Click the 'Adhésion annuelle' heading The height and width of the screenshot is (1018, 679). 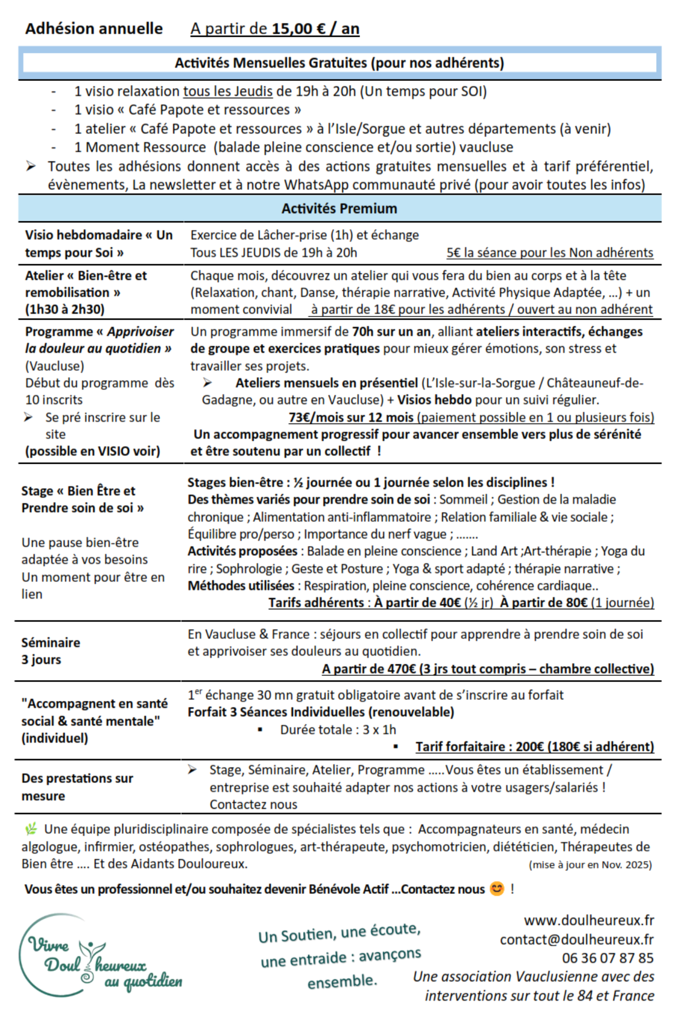pos(94,29)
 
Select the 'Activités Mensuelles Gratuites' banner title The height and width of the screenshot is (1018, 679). pos(339,63)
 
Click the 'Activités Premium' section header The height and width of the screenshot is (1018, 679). pos(339,208)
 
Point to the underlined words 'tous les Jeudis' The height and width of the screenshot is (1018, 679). pos(228,91)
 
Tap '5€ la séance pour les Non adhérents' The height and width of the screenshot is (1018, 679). pos(550,252)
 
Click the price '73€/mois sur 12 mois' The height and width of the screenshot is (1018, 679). pos(351,417)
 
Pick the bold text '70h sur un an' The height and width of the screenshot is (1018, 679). pos(391,332)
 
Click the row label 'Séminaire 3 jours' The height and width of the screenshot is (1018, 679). pos(50,651)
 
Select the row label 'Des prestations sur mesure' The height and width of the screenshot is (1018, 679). pos(77,787)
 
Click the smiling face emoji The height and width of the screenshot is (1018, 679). pos(497,889)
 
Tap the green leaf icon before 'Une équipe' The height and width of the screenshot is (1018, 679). pos(31,829)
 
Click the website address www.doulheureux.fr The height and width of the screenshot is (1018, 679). pos(589,920)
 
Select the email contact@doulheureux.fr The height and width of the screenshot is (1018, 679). pos(577,940)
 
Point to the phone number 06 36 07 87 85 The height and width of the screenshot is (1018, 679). pos(608,958)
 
